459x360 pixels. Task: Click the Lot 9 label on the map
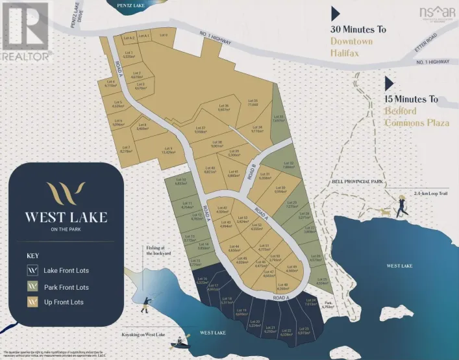pyautogui.click(x=167, y=150)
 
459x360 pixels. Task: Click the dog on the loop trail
pyautogui.click(x=384, y=212)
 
